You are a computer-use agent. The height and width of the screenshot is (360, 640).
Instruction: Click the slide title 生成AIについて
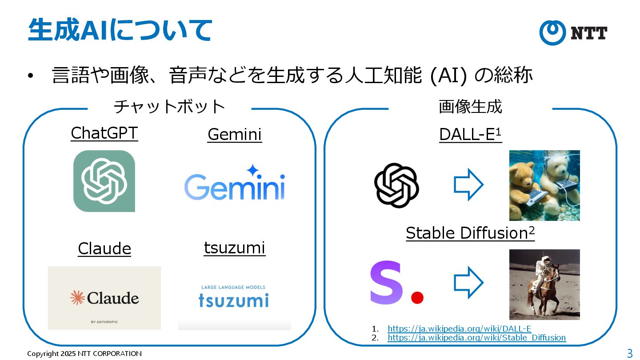120,30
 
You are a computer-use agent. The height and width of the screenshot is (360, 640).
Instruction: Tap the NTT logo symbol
552,32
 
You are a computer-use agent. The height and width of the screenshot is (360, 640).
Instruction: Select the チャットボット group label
169,107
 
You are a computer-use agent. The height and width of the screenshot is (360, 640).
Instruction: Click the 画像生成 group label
470,107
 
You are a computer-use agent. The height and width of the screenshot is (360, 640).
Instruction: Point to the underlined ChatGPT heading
104,133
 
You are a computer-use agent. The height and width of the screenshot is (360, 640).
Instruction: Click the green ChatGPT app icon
104,181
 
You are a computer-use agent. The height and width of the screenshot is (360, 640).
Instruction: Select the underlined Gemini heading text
235,134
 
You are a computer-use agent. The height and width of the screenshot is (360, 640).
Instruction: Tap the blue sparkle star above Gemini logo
252,170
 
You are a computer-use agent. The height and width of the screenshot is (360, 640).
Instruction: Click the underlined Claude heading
104,248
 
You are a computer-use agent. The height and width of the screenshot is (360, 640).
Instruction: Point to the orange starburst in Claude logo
78,298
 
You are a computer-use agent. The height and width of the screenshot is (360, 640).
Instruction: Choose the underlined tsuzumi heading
235,248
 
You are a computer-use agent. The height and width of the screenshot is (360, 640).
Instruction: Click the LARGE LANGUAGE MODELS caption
233,288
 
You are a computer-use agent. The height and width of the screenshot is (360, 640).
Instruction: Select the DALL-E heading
470,134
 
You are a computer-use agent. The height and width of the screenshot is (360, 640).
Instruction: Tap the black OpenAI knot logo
396,185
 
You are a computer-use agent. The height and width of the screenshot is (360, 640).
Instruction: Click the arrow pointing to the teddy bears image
468,184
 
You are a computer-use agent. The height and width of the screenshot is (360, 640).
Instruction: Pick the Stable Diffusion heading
470,233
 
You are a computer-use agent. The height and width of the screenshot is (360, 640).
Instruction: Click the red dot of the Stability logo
417,297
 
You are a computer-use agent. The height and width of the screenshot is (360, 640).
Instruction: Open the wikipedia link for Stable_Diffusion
476,338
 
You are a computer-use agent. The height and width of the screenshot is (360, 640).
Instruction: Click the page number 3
629,353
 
